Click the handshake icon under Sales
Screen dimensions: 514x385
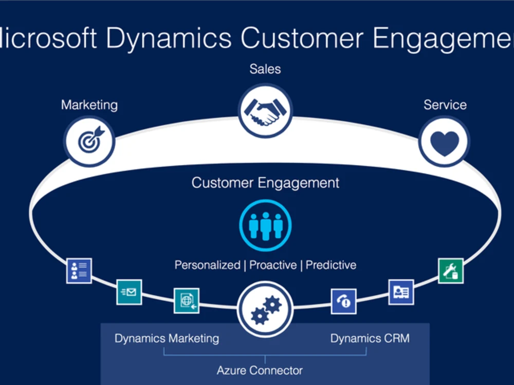pos(265,111)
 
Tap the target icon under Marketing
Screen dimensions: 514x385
pos(89,141)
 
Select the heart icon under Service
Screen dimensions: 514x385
pos(444,142)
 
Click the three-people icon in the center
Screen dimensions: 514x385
pos(265,225)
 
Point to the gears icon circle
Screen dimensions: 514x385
pos(265,309)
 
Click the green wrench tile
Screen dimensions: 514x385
pos(451,271)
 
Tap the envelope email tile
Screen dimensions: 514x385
pos(129,292)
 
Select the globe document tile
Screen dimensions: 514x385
pos(187,300)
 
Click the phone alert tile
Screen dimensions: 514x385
pos(343,301)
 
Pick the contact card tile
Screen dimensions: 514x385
pos(401,292)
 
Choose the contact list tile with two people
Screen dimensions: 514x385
pos(79,271)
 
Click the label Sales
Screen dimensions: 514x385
pos(265,69)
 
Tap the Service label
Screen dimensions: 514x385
pos(445,105)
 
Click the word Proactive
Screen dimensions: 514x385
pos(273,265)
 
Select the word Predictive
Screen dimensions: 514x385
pos(331,265)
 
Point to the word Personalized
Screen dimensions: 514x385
pos(208,265)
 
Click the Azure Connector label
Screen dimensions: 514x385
pos(260,370)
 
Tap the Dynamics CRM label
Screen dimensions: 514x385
pos(370,338)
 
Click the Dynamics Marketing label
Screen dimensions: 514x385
pos(167,338)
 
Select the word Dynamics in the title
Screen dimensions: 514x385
pos(169,38)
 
